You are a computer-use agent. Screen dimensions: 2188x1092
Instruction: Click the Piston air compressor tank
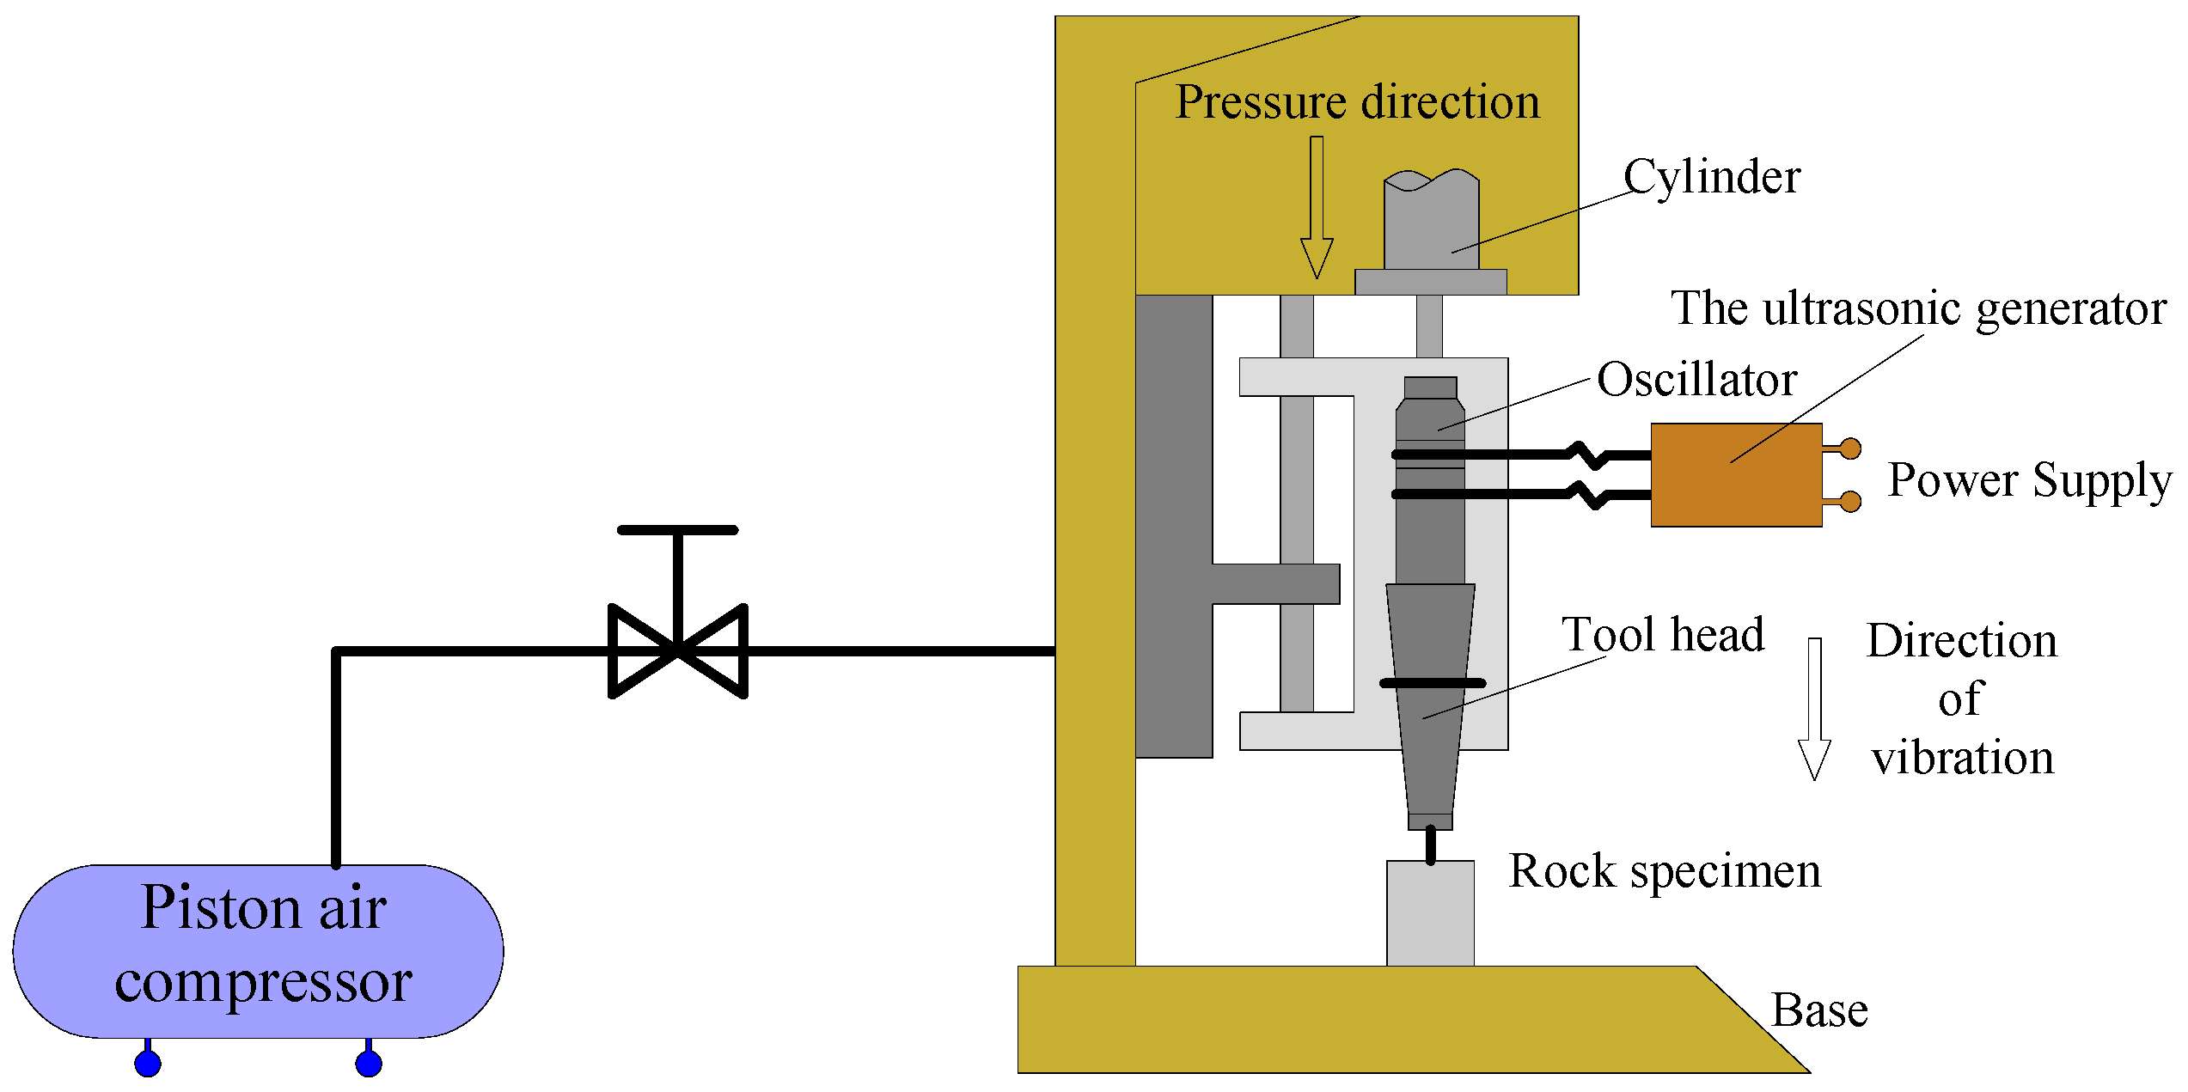tap(258, 951)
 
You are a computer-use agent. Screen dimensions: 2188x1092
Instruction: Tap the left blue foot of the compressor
tap(148, 1063)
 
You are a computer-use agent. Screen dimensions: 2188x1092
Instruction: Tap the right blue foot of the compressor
tap(369, 1063)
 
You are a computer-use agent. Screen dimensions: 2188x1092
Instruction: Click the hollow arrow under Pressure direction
tap(1317, 207)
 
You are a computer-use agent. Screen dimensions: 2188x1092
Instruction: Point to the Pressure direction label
tap(1357, 101)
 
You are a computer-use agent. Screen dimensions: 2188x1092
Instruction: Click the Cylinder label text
tap(1712, 177)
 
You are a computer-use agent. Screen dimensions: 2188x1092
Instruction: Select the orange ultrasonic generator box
tap(1736, 474)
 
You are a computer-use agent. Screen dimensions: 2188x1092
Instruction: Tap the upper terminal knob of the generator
tap(1850, 448)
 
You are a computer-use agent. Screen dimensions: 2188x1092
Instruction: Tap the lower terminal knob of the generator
tap(1850, 501)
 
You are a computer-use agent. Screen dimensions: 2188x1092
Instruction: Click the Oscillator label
tap(1697, 380)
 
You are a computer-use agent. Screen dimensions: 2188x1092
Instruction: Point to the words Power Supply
tap(2030, 481)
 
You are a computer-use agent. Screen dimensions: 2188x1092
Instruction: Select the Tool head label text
tap(1663, 634)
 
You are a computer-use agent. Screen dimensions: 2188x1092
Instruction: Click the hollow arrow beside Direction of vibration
tap(1814, 709)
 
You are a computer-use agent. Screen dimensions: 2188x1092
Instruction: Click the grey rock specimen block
tap(1430, 913)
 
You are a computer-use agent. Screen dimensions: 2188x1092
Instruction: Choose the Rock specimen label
tap(1665, 871)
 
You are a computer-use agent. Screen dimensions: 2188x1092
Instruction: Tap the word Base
tap(1819, 1010)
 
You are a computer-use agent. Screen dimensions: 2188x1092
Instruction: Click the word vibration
tap(1963, 758)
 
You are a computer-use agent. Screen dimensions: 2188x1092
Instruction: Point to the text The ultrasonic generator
tap(1918, 309)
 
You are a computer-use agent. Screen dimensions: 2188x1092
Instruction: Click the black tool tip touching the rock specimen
tap(1431, 845)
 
